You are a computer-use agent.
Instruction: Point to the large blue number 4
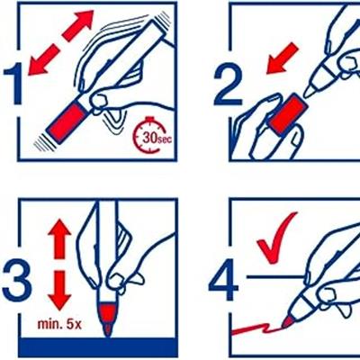[223, 280]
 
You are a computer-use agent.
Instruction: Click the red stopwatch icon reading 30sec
[149, 137]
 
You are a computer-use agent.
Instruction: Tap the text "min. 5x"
[59, 324]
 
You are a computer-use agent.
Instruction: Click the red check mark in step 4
[276, 238]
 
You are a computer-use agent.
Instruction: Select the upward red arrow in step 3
[59, 238]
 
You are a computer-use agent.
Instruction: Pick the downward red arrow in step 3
[59, 291]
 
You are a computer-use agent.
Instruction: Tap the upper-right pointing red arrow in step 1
[77, 25]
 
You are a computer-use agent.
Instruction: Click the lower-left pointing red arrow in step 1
[42, 59]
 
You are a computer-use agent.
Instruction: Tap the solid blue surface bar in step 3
[97, 346]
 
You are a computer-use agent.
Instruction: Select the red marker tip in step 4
[288, 322]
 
